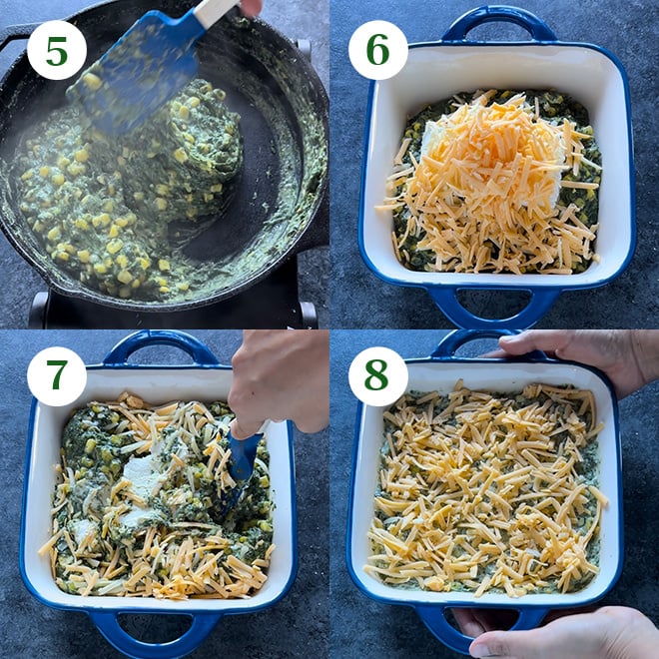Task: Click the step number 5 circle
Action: pos(56,50)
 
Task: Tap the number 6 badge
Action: pos(377,50)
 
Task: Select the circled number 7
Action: pos(56,376)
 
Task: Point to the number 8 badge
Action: pos(377,376)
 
